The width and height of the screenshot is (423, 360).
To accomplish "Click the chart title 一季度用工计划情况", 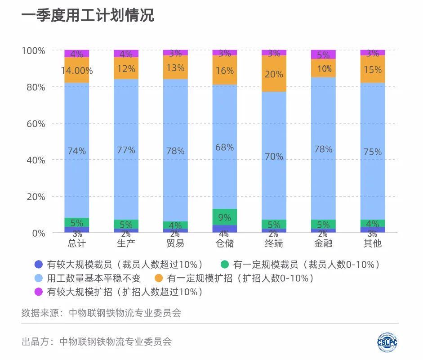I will pyautogui.click(x=88, y=15).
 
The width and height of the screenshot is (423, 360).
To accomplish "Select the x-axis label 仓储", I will pyautogui.click(x=224, y=243).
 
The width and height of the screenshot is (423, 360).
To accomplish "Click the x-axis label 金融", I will pyautogui.click(x=323, y=243).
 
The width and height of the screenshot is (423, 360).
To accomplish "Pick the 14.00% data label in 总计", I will pyautogui.click(x=76, y=71).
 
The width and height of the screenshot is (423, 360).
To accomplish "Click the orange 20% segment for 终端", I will pyautogui.click(x=274, y=74).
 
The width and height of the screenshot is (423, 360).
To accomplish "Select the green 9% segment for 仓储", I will pyautogui.click(x=224, y=217).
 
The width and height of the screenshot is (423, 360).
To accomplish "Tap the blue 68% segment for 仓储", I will pyautogui.click(x=224, y=147).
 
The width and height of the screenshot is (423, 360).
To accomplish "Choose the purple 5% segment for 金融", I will pyautogui.click(x=323, y=54).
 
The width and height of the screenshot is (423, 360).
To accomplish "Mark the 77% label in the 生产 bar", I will pyautogui.click(x=126, y=150).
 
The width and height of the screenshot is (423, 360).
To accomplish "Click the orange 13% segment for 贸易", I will pyautogui.click(x=175, y=67).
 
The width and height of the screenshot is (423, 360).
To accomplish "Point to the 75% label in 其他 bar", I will pyautogui.click(x=373, y=152).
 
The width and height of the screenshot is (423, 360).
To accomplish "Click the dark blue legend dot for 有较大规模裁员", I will pyautogui.click(x=39, y=265).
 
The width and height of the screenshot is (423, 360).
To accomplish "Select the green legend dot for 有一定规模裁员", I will pyautogui.click(x=225, y=265).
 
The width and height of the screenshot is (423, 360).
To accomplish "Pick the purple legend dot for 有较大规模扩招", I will pyautogui.click(x=39, y=292).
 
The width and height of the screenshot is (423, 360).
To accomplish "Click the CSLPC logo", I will pyautogui.click(x=387, y=342).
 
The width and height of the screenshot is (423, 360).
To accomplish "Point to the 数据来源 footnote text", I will pyautogui.click(x=101, y=313).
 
